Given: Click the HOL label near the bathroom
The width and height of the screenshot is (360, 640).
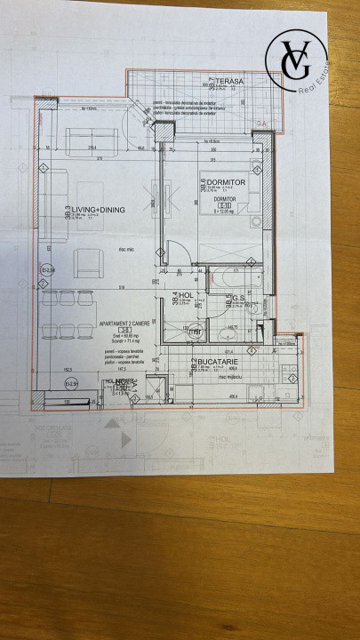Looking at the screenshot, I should coord(186,294).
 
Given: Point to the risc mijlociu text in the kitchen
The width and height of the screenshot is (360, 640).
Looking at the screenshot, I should coord(232,376).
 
